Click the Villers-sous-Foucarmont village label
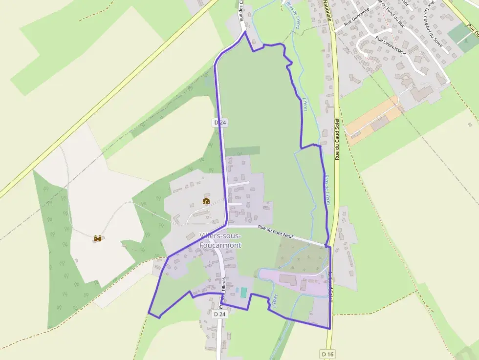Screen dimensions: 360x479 (220, 240)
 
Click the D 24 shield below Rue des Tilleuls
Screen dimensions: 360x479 (220, 315)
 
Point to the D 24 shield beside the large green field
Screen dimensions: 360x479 (220, 123)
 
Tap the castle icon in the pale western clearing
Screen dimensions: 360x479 (98, 238)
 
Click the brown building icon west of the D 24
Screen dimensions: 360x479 (206, 200)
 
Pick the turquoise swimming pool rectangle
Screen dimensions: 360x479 (243, 292)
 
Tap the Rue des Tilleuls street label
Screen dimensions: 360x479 (223, 292)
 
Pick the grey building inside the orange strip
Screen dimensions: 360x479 (379, 124)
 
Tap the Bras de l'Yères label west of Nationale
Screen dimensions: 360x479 (294, 15)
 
